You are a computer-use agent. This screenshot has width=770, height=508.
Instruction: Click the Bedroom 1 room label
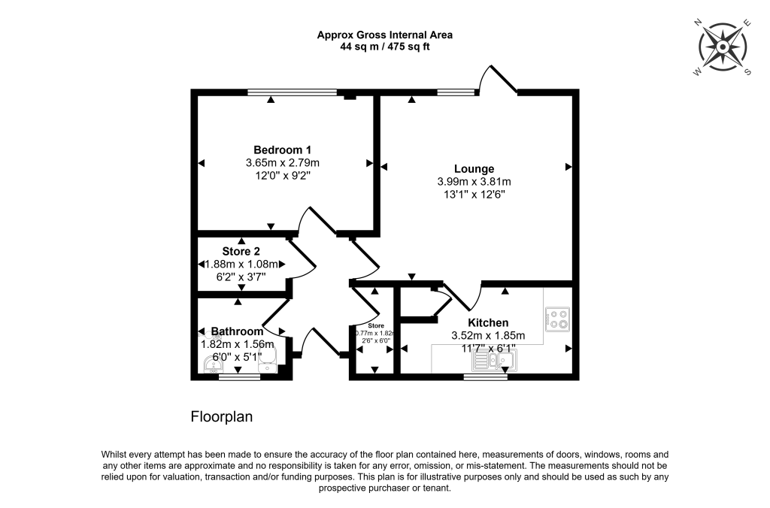tap(283, 150)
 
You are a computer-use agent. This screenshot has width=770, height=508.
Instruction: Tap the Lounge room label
tap(474, 169)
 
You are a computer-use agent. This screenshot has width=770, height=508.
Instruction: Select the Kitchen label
tap(488, 322)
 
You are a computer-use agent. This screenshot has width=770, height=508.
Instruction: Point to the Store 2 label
tap(241, 251)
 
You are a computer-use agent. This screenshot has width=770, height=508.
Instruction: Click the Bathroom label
tap(237, 331)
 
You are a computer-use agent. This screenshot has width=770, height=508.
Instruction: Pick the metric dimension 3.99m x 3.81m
tap(474, 182)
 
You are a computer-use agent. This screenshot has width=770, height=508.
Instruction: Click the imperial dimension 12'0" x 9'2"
tap(283, 175)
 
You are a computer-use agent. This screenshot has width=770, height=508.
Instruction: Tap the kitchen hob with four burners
tap(557, 319)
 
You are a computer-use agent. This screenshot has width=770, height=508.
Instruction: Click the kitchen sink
tap(494, 361)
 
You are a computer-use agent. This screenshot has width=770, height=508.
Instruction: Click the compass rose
tap(723, 47)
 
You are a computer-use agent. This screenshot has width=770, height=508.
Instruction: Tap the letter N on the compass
tap(697, 23)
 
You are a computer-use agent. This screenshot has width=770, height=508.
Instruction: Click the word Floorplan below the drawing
tap(222, 417)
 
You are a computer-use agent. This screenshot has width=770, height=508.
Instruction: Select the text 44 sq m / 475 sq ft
tap(384, 47)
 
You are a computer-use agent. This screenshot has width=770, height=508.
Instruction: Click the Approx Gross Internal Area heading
tap(384, 35)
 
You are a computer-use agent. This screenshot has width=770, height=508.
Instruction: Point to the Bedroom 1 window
tap(293, 92)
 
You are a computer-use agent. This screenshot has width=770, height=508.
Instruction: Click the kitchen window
tap(486, 377)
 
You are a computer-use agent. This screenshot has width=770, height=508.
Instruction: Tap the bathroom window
tap(240, 377)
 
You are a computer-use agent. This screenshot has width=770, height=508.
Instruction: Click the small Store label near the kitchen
tap(376, 326)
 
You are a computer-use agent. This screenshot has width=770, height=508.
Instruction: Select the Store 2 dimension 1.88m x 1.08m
tap(241, 264)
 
